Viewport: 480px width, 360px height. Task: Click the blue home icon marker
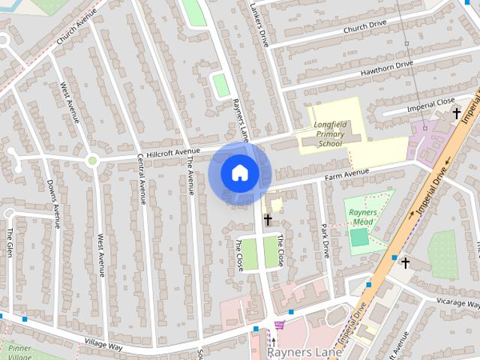point(239,173)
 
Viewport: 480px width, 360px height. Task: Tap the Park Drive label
point(325,238)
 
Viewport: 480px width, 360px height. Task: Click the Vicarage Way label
point(459,302)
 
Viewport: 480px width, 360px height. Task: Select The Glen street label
point(10,240)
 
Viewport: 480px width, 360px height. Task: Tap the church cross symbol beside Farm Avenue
point(267,220)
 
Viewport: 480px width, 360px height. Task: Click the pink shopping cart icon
point(280,325)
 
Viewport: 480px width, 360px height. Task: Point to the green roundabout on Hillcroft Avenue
point(92,160)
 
